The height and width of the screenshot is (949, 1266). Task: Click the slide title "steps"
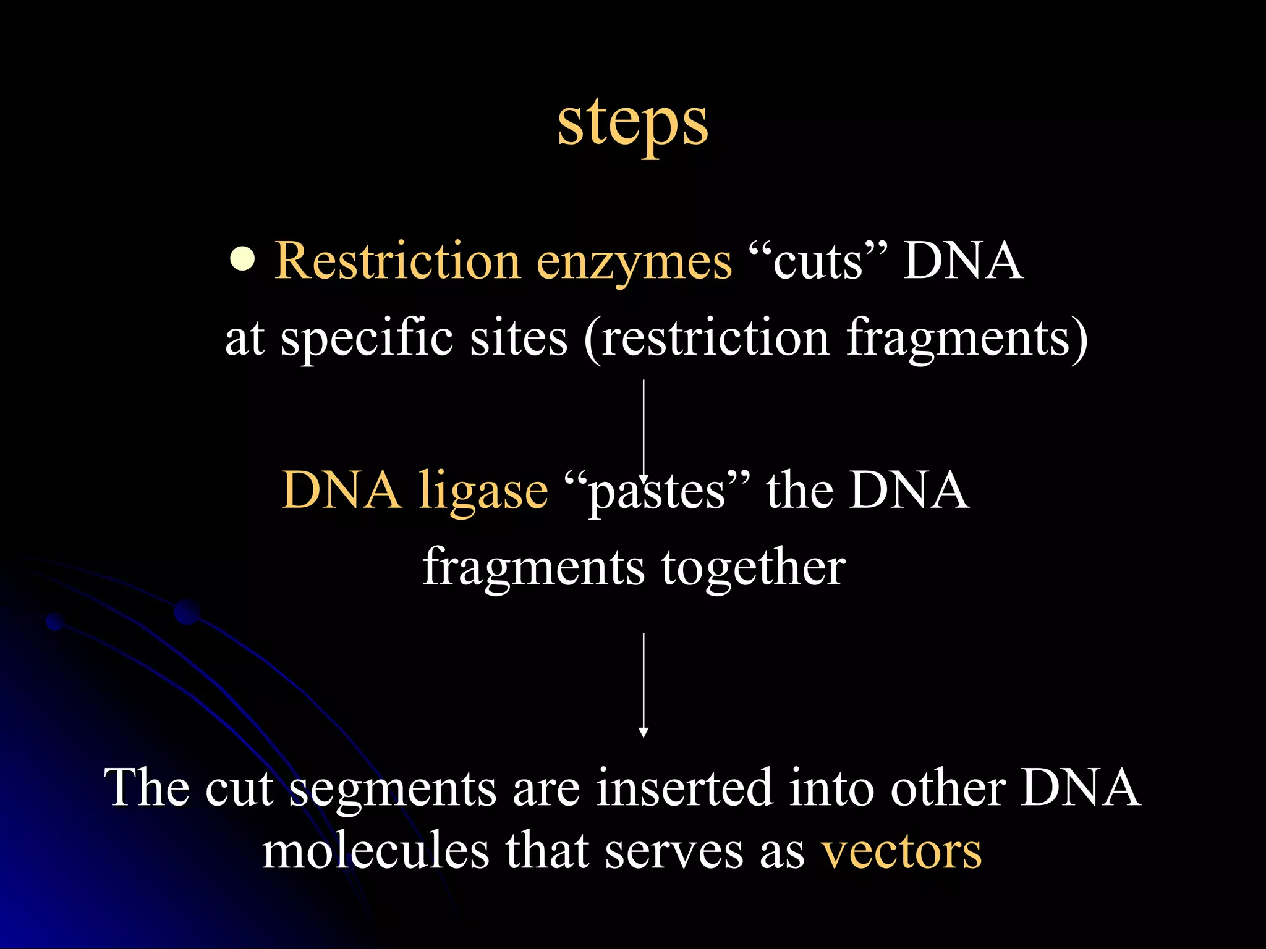[x=632, y=124]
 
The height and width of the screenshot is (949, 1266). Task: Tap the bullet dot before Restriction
[x=242, y=260]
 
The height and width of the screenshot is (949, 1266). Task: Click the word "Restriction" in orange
[x=397, y=261]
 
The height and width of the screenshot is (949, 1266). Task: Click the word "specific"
[x=367, y=340]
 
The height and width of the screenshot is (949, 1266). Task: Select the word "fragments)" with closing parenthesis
[x=966, y=340]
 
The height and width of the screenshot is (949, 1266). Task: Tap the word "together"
[x=753, y=567]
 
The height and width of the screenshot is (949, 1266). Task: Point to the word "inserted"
[x=684, y=788]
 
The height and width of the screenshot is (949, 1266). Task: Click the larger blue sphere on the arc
[x=187, y=612]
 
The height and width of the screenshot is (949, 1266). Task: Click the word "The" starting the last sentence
[x=147, y=788]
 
